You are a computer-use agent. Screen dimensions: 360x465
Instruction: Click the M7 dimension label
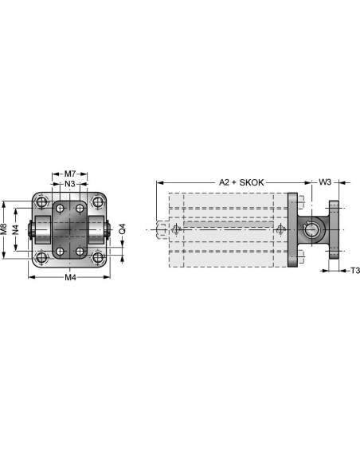(70, 174)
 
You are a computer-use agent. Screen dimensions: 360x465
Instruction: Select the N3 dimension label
(69, 184)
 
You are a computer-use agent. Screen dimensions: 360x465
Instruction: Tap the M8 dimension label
(4, 229)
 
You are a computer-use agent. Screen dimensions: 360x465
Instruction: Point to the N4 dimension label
(16, 229)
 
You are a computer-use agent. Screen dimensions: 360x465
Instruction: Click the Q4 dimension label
(122, 229)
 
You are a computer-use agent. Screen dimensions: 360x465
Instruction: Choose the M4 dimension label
(71, 277)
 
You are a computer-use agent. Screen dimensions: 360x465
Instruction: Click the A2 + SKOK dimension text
(241, 182)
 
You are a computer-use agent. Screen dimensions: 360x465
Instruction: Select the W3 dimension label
(325, 182)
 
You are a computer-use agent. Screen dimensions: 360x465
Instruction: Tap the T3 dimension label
(355, 270)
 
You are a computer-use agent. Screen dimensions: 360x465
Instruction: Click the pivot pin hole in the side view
(312, 230)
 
